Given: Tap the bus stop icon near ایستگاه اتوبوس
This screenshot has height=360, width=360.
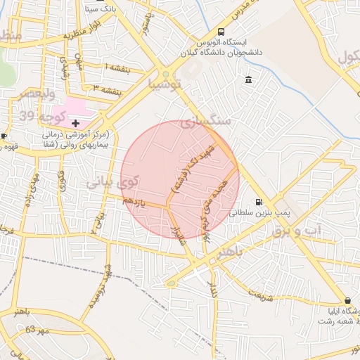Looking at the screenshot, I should coord(221,32).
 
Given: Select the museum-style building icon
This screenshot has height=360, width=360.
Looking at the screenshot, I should coord(249,80).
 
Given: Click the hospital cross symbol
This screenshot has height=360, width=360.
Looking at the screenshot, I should coord(76,123).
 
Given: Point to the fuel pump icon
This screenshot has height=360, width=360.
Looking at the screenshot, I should coord(260,201).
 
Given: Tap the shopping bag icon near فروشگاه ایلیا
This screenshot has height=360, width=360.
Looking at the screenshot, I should coord(347,300).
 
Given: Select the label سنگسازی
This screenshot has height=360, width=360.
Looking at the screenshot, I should coord(205,121).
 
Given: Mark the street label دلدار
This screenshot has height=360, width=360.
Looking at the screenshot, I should coord(213,289).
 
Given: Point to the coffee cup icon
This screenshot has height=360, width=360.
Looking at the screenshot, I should coord(4,136).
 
